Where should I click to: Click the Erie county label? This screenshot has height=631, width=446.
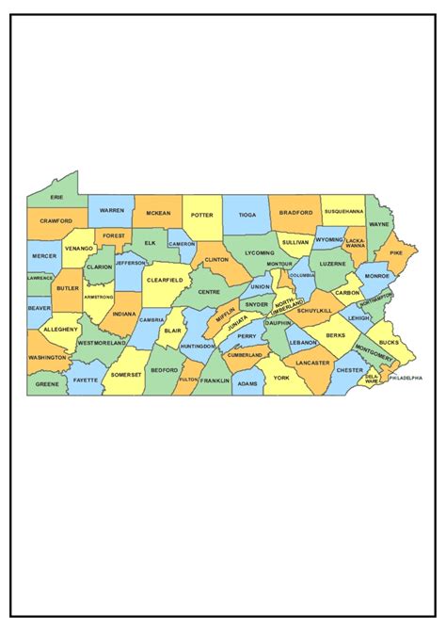coord(57,198)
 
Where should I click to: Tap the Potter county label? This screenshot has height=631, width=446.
coord(202,215)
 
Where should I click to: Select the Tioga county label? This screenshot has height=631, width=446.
coord(247,215)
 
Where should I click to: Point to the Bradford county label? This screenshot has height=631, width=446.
coord(296,213)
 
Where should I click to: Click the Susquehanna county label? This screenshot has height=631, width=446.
coord(343,211)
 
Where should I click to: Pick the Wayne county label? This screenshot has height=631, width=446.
coord(378,225)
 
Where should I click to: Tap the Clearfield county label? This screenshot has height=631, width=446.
coord(164,279)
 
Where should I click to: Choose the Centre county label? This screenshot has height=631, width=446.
coord(209,292)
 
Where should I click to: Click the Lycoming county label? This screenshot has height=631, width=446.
coord(260,252)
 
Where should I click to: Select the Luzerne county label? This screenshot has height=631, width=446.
coord(333,264)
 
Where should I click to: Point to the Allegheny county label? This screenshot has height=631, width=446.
coord(61,330)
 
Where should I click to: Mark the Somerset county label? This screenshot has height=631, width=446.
coord(125,375)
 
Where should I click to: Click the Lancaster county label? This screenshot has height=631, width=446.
coord(312,363)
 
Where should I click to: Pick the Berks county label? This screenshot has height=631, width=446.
coord(336,335)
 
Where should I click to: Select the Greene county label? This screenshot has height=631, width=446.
coord(47,384)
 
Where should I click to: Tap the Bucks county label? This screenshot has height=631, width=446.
coord(389,343)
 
